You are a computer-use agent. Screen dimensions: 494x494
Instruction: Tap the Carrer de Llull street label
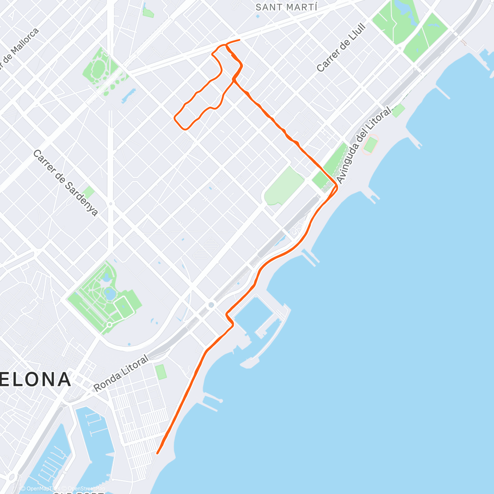point(341,48)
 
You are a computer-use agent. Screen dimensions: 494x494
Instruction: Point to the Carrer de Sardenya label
point(65,182)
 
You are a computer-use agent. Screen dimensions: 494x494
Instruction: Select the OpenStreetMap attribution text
point(86,489)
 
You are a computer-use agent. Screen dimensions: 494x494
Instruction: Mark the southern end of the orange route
point(158,453)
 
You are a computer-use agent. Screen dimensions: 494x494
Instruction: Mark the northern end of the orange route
point(239,40)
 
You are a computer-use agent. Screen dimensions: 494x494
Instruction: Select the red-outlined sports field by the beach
point(370,145)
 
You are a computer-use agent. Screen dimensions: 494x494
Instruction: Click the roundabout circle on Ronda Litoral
point(211,305)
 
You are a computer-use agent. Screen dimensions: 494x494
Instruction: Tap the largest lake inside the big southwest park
point(110,294)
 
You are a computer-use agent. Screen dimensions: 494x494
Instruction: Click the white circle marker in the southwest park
point(110,325)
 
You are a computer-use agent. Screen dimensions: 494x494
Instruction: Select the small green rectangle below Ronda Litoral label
point(161,372)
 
